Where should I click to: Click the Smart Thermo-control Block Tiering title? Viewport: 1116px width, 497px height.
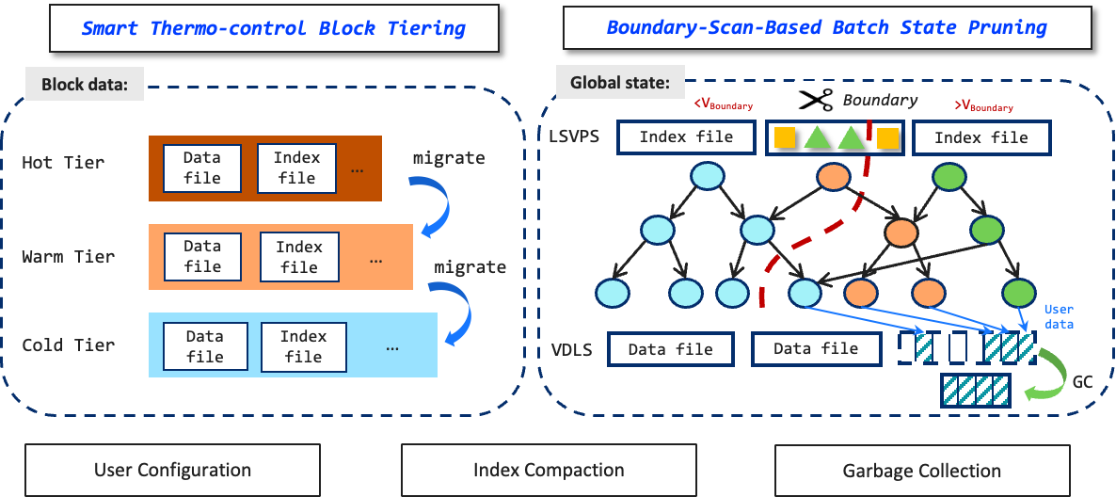click(273, 27)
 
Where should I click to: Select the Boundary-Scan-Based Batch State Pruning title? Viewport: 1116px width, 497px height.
click(826, 27)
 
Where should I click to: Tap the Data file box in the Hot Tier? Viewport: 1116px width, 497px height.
click(202, 168)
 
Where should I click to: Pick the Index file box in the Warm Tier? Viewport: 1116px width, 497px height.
click(299, 257)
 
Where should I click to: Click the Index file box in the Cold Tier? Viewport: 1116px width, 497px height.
click(303, 346)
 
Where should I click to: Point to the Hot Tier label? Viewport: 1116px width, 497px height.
click(63, 163)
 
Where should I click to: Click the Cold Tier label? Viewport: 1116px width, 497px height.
click(69, 345)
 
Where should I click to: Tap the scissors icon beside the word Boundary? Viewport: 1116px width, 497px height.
click(815, 99)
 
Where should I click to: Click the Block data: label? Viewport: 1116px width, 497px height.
click(85, 85)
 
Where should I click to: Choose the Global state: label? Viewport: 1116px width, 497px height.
click(620, 83)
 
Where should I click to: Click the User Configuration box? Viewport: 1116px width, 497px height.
click(172, 470)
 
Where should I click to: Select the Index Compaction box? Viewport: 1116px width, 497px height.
click(549, 470)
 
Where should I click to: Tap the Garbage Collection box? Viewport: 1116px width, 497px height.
click(921, 471)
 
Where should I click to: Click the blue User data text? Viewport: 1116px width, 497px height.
click(1059, 316)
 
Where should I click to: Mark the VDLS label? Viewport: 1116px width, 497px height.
click(571, 351)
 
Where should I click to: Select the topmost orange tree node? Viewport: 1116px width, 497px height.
click(833, 176)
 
